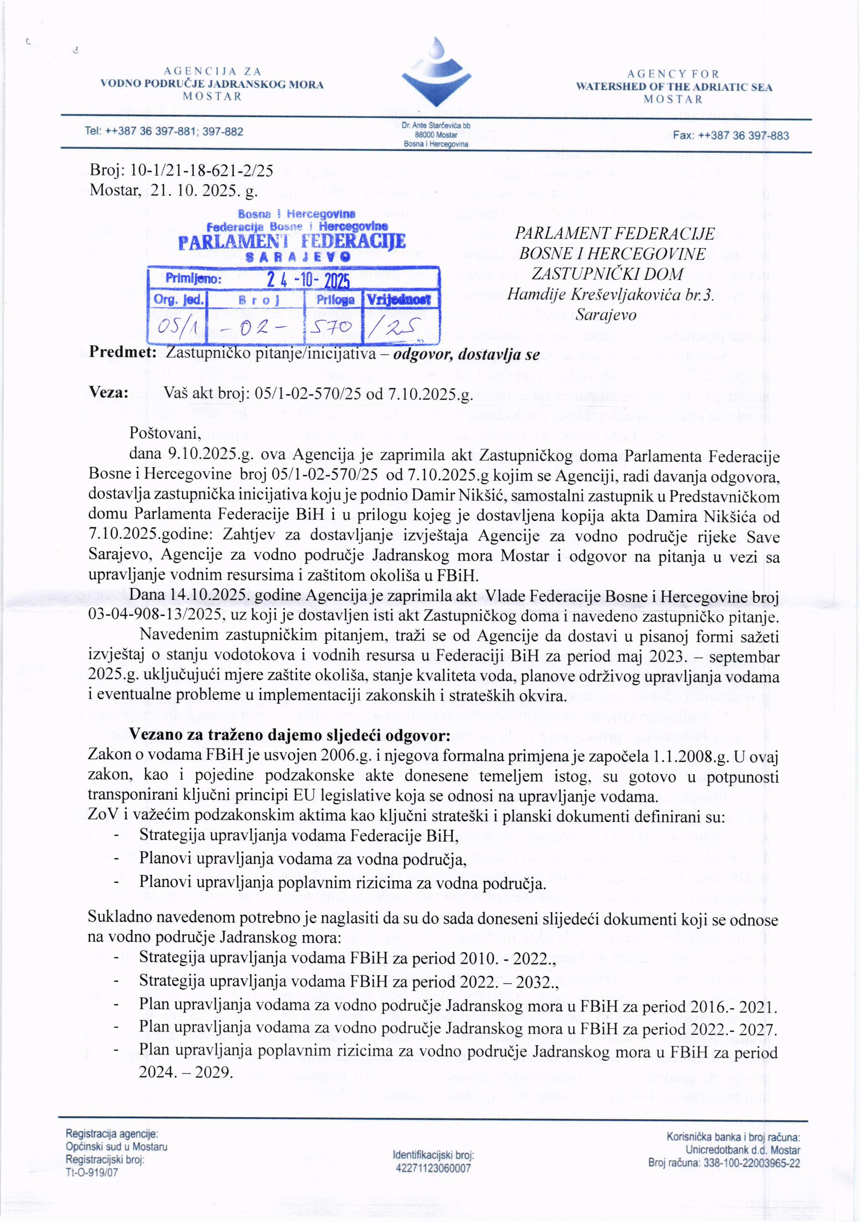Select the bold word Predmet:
[122, 353]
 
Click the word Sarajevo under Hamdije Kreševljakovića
[607, 315]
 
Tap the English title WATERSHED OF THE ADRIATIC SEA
[674, 87]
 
